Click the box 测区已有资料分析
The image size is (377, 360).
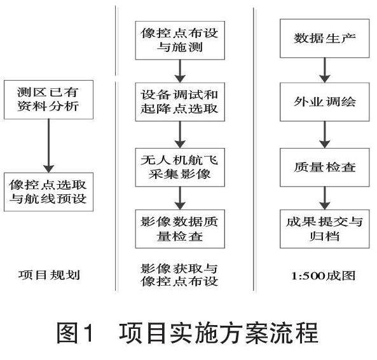[x=48, y=100]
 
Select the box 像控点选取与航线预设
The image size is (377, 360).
[x=48, y=192]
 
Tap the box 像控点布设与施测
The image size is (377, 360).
[x=180, y=41]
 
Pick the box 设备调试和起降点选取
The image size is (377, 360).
[x=180, y=102]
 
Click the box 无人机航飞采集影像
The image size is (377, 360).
[x=180, y=168]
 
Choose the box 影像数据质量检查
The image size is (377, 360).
[x=180, y=229]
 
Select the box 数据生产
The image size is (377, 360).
[x=325, y=39]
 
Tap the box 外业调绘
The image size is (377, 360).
[x=325, y=102]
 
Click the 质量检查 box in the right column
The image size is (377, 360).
[x=325, y=168]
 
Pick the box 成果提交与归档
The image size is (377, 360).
[x=325, y=229]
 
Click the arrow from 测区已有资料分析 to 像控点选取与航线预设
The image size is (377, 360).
[x=48, y=146]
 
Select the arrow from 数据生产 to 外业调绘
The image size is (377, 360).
[x=325, y=70]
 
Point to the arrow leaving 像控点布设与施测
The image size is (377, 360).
[x=180, y=71]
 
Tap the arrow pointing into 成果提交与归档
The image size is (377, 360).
[x=325, y=198]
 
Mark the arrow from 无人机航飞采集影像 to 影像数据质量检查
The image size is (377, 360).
[x=180, y=198]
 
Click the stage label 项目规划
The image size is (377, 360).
[x=49, y=275]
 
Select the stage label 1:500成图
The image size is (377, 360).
[x=324, y=276]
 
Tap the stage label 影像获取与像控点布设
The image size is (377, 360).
[x=179, y=275]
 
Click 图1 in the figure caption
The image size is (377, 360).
[x=75, y=333]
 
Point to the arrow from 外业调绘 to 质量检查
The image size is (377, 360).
[x=325, y=135]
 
